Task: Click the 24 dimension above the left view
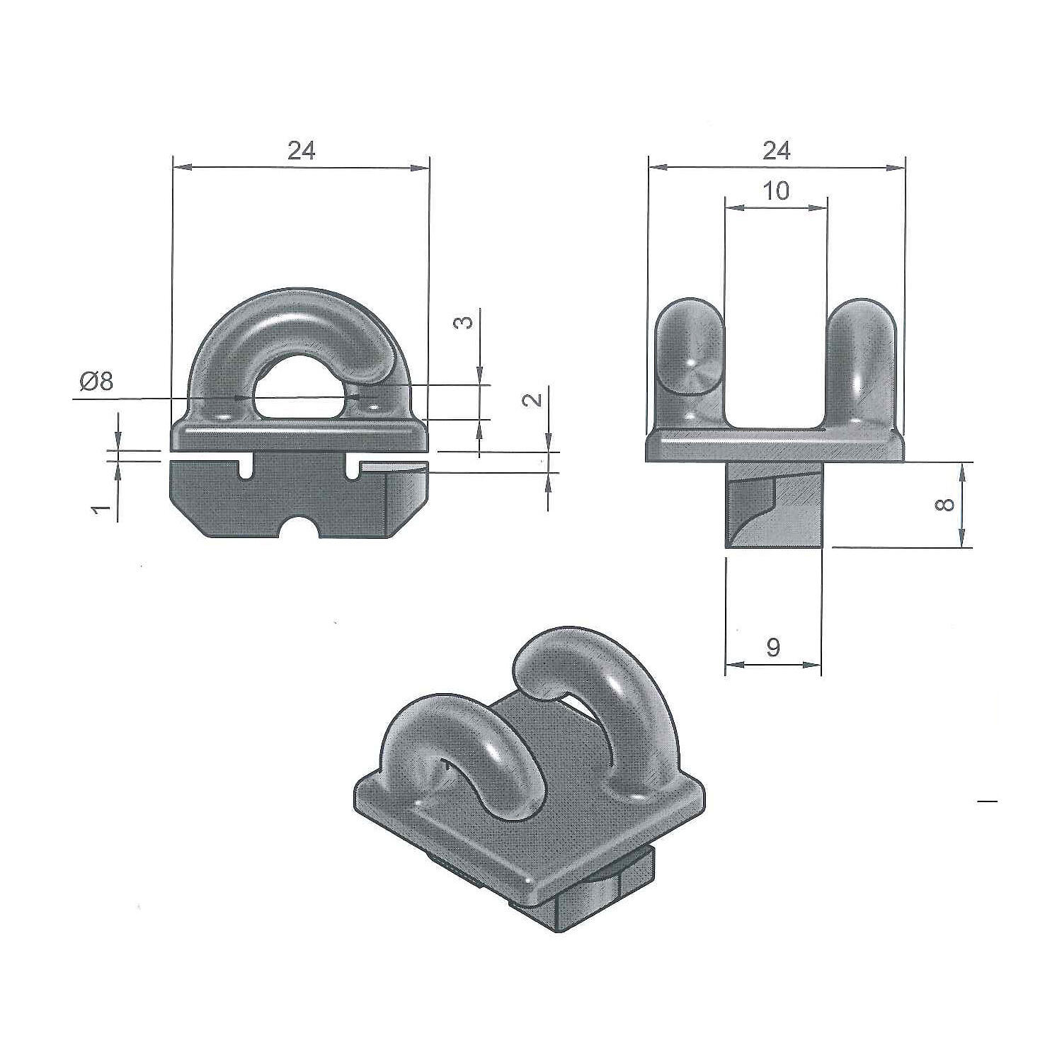[301, 150]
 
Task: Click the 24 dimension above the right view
[777, 150]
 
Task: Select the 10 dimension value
[777, 190]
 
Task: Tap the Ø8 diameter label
[96, 382]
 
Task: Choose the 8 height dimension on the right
[946, 504]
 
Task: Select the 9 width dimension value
[773, 646]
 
